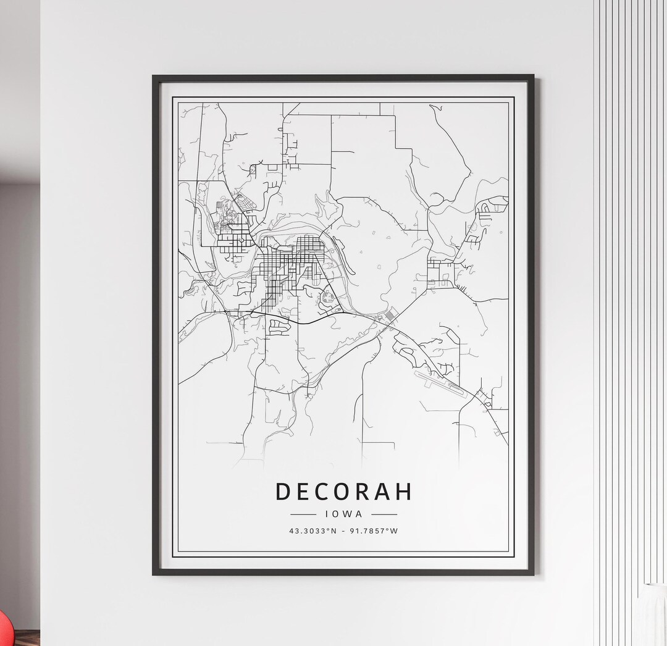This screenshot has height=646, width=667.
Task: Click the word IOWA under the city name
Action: pyautogui.click(x=343, y=513)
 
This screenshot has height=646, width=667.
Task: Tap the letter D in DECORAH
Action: pyautogui.click(x=282, y=492)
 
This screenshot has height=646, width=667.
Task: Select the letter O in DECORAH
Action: pyautogui.click(x=343, y=492)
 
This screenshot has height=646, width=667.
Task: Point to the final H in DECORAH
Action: pyautogui.click(x=404, y=492)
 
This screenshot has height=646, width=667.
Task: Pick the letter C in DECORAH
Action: pyautogui.click(x=323, y=492)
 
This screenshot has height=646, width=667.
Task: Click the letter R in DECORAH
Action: pyautogui.click(x=364, y=492)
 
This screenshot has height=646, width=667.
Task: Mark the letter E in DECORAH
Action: pyautogui.click(x=303, y=492)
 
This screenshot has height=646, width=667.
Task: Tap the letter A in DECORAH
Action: pyautogui.click(x=384, y=492)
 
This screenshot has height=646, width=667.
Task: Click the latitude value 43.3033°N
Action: pyautogui.click(x=313, y=531)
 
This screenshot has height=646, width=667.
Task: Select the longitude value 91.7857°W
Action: pyautogui.click(x=374, y=531)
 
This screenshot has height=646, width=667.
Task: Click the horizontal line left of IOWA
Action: pyautogui.click(x=303, y=513)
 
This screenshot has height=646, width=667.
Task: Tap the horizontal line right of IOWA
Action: pyautogui.click(x=384, y=513)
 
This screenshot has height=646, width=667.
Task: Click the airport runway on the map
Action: pyautogui.click(x=441, y=382)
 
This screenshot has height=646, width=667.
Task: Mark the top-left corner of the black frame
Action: pyautogui.click(x=154, y=77)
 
